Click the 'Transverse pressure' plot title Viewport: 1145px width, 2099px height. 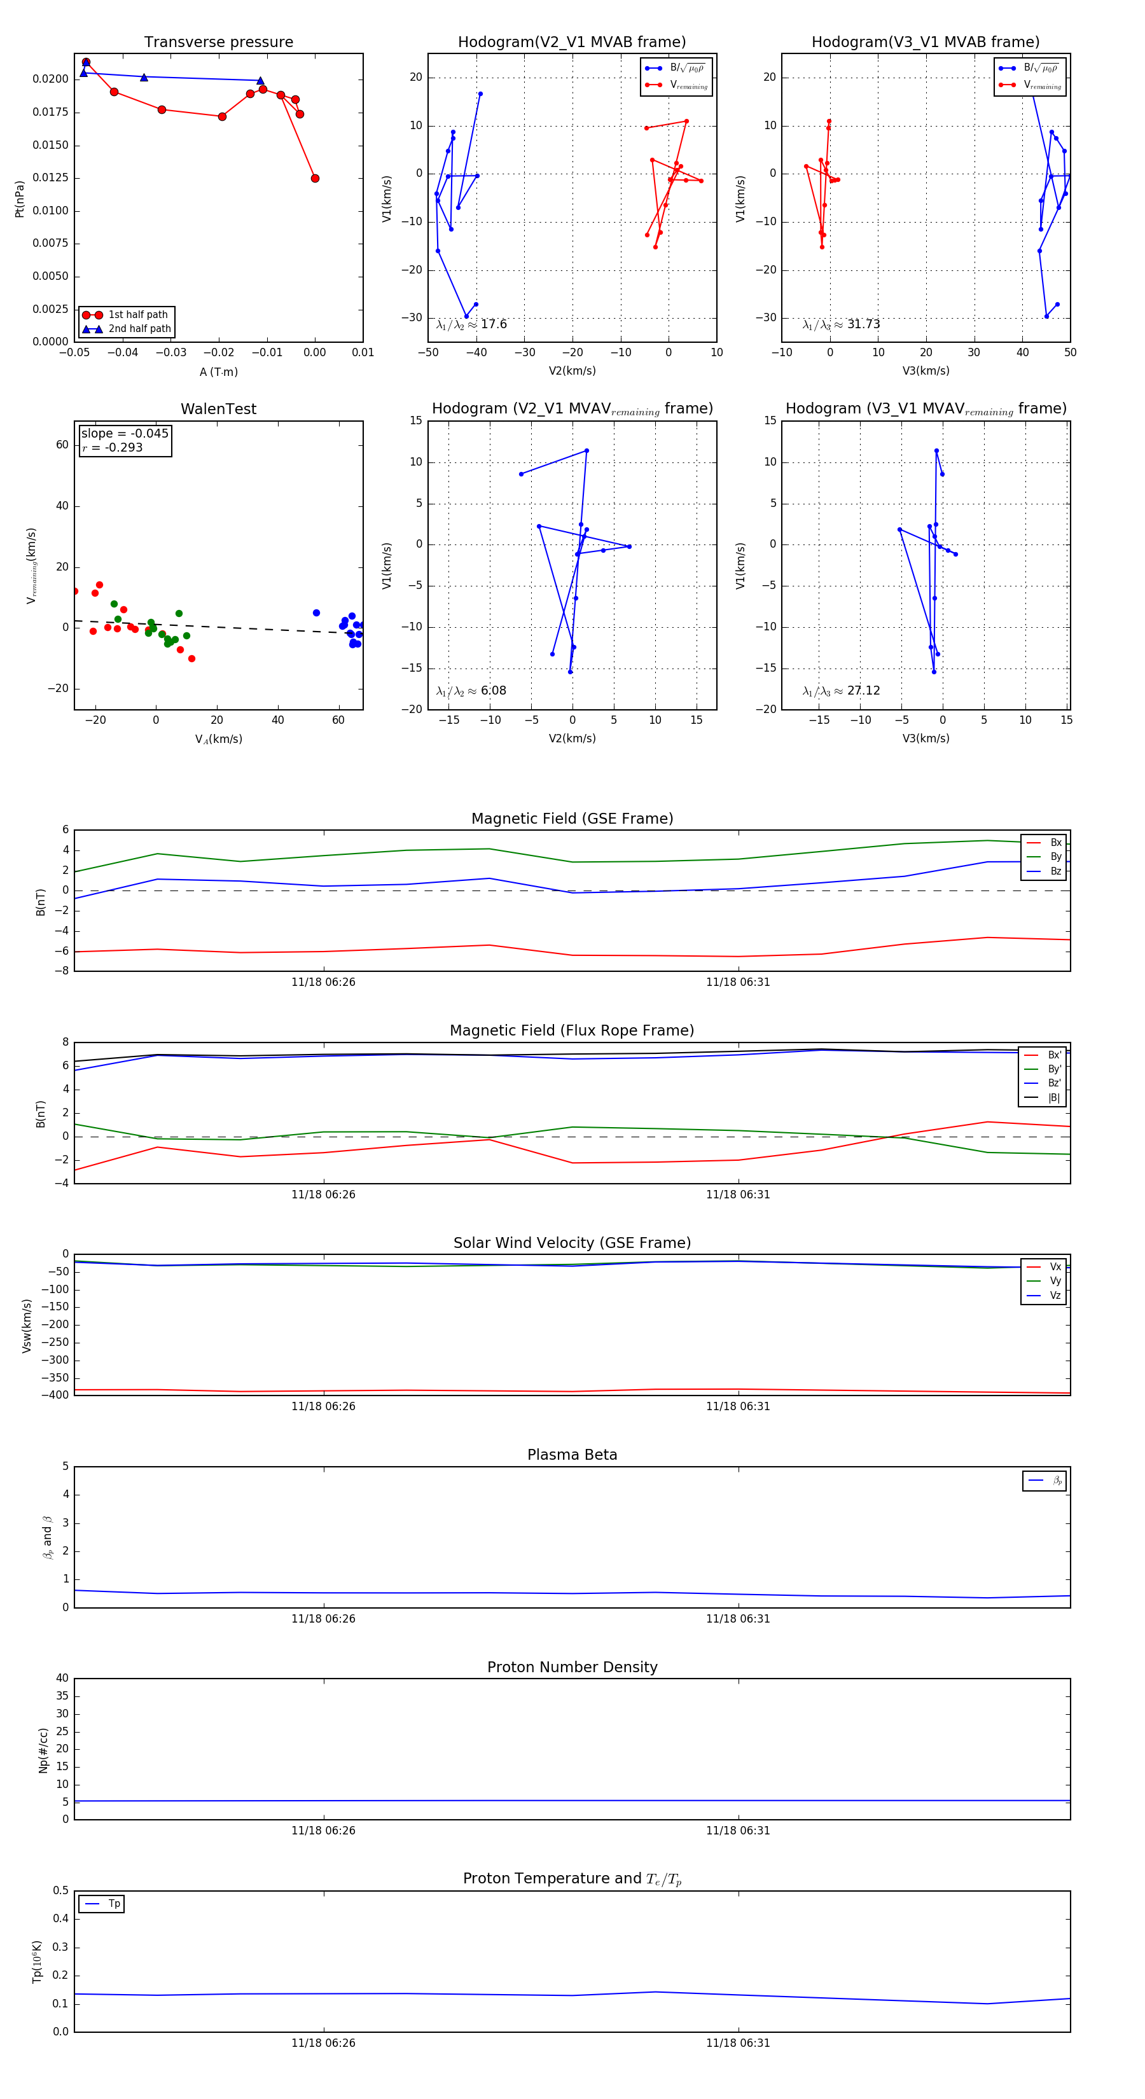218,43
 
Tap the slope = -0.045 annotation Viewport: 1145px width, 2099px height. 125,434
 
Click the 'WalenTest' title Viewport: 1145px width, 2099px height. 218,409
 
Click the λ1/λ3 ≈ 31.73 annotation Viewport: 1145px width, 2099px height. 841,324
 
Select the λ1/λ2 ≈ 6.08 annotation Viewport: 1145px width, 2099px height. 471,691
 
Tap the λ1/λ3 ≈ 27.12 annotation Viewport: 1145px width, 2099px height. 841,691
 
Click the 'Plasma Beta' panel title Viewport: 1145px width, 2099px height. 572,1455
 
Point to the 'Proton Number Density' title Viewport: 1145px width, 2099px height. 572,1667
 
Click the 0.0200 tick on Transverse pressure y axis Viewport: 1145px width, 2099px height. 50,79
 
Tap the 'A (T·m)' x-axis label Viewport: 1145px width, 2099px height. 218,372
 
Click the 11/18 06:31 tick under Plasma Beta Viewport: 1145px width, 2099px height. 737,1619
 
